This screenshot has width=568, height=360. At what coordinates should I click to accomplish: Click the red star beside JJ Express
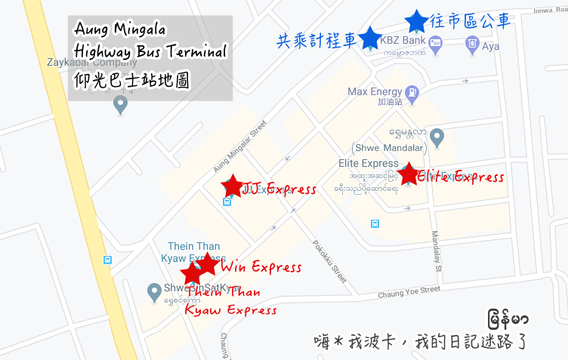[233, 185]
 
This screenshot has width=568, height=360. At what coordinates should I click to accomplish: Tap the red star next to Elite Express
[408, 174]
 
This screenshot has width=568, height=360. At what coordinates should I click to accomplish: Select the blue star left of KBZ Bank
[369, 38]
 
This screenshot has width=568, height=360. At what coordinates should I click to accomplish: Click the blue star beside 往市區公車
[415, 20]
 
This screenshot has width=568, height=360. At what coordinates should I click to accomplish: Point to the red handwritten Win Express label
[261, 267]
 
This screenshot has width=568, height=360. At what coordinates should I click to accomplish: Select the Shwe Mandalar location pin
[437, 137]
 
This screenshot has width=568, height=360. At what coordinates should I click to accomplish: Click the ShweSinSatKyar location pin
[154, 288]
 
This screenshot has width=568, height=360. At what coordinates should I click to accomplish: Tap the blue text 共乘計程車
[316, 39]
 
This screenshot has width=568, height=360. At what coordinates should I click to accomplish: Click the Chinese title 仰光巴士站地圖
[131, 78]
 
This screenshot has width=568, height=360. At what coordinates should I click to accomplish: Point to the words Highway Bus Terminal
[150, 53]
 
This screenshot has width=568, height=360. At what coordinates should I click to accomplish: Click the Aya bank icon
[472, 43]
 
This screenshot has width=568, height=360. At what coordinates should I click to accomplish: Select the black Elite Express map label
[369, 163]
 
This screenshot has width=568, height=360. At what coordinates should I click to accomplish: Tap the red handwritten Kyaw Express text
[230, 309]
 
